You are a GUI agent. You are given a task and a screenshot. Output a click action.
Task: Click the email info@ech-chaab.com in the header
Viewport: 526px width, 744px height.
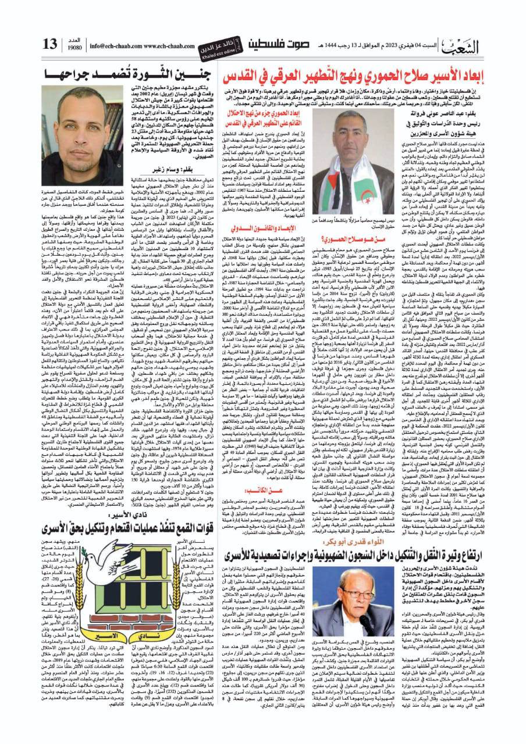pyautogui.click(x=108, y=45)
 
